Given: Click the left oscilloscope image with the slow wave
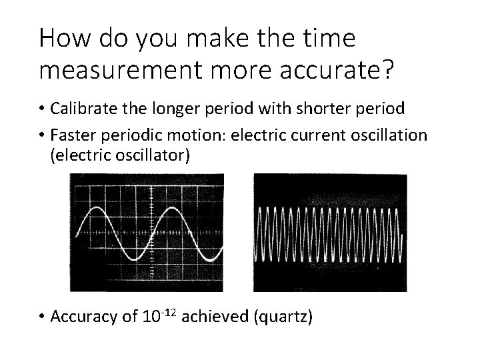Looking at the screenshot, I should point(147,233).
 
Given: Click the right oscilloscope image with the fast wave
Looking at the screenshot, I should point(329,233).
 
